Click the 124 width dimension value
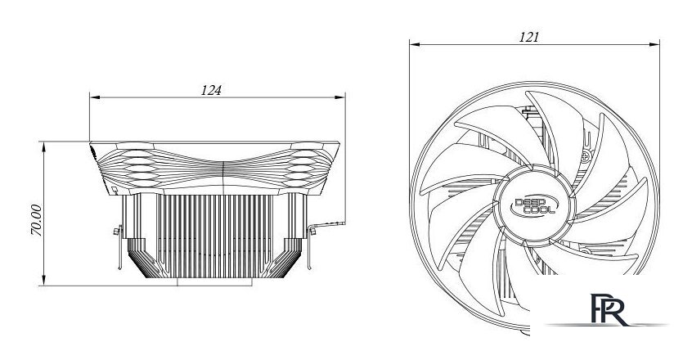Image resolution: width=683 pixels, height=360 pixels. [x=211, y=90]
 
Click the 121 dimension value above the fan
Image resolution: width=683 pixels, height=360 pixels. [x=528, y=37]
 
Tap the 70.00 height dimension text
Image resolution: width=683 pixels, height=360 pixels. [x=36, y=220]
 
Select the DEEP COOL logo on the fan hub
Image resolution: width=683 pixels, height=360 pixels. [x=533, y=206]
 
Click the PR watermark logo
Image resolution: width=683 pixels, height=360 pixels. [x=609, y=309]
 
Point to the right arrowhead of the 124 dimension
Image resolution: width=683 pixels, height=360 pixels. [x=339, y=97]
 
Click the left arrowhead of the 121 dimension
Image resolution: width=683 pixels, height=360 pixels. [x=414, y=44]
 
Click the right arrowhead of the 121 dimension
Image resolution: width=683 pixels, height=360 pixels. [x=654, y=44]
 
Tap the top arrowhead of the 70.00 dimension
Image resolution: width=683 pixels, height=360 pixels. [x=43, y=147]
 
